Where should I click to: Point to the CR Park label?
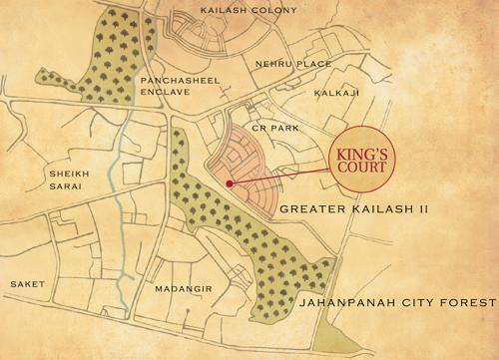tap(275, 127)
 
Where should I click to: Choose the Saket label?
tap(28, 284)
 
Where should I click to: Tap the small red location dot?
tap(229, 183)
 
